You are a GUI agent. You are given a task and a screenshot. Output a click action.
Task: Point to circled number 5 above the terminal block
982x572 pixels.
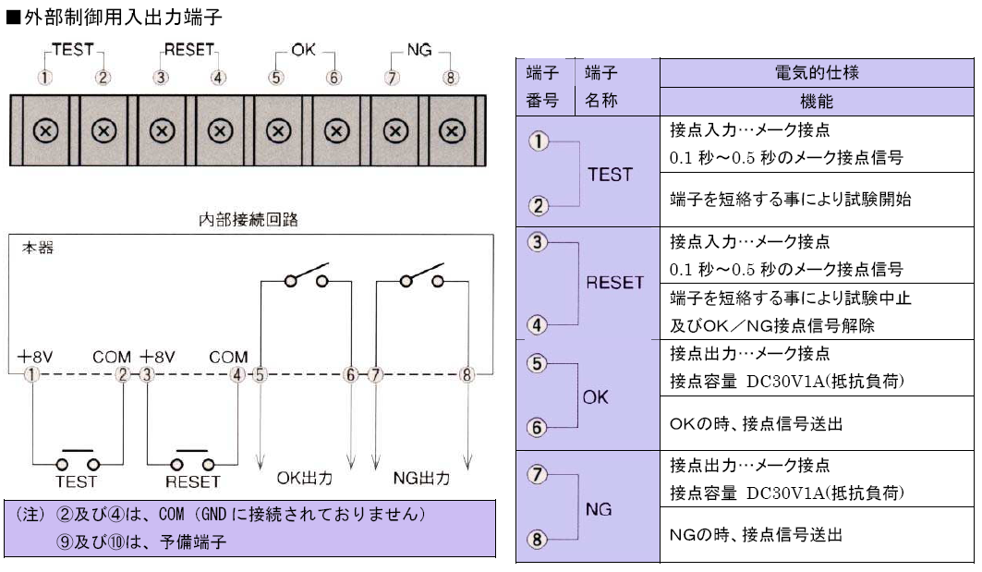point(276,78)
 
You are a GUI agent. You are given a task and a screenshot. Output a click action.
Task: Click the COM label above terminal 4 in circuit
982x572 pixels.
point(228,357)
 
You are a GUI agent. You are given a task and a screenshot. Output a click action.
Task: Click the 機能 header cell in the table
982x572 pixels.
point(817,101)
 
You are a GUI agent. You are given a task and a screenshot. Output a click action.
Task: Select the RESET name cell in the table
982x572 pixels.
point(615,284)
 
